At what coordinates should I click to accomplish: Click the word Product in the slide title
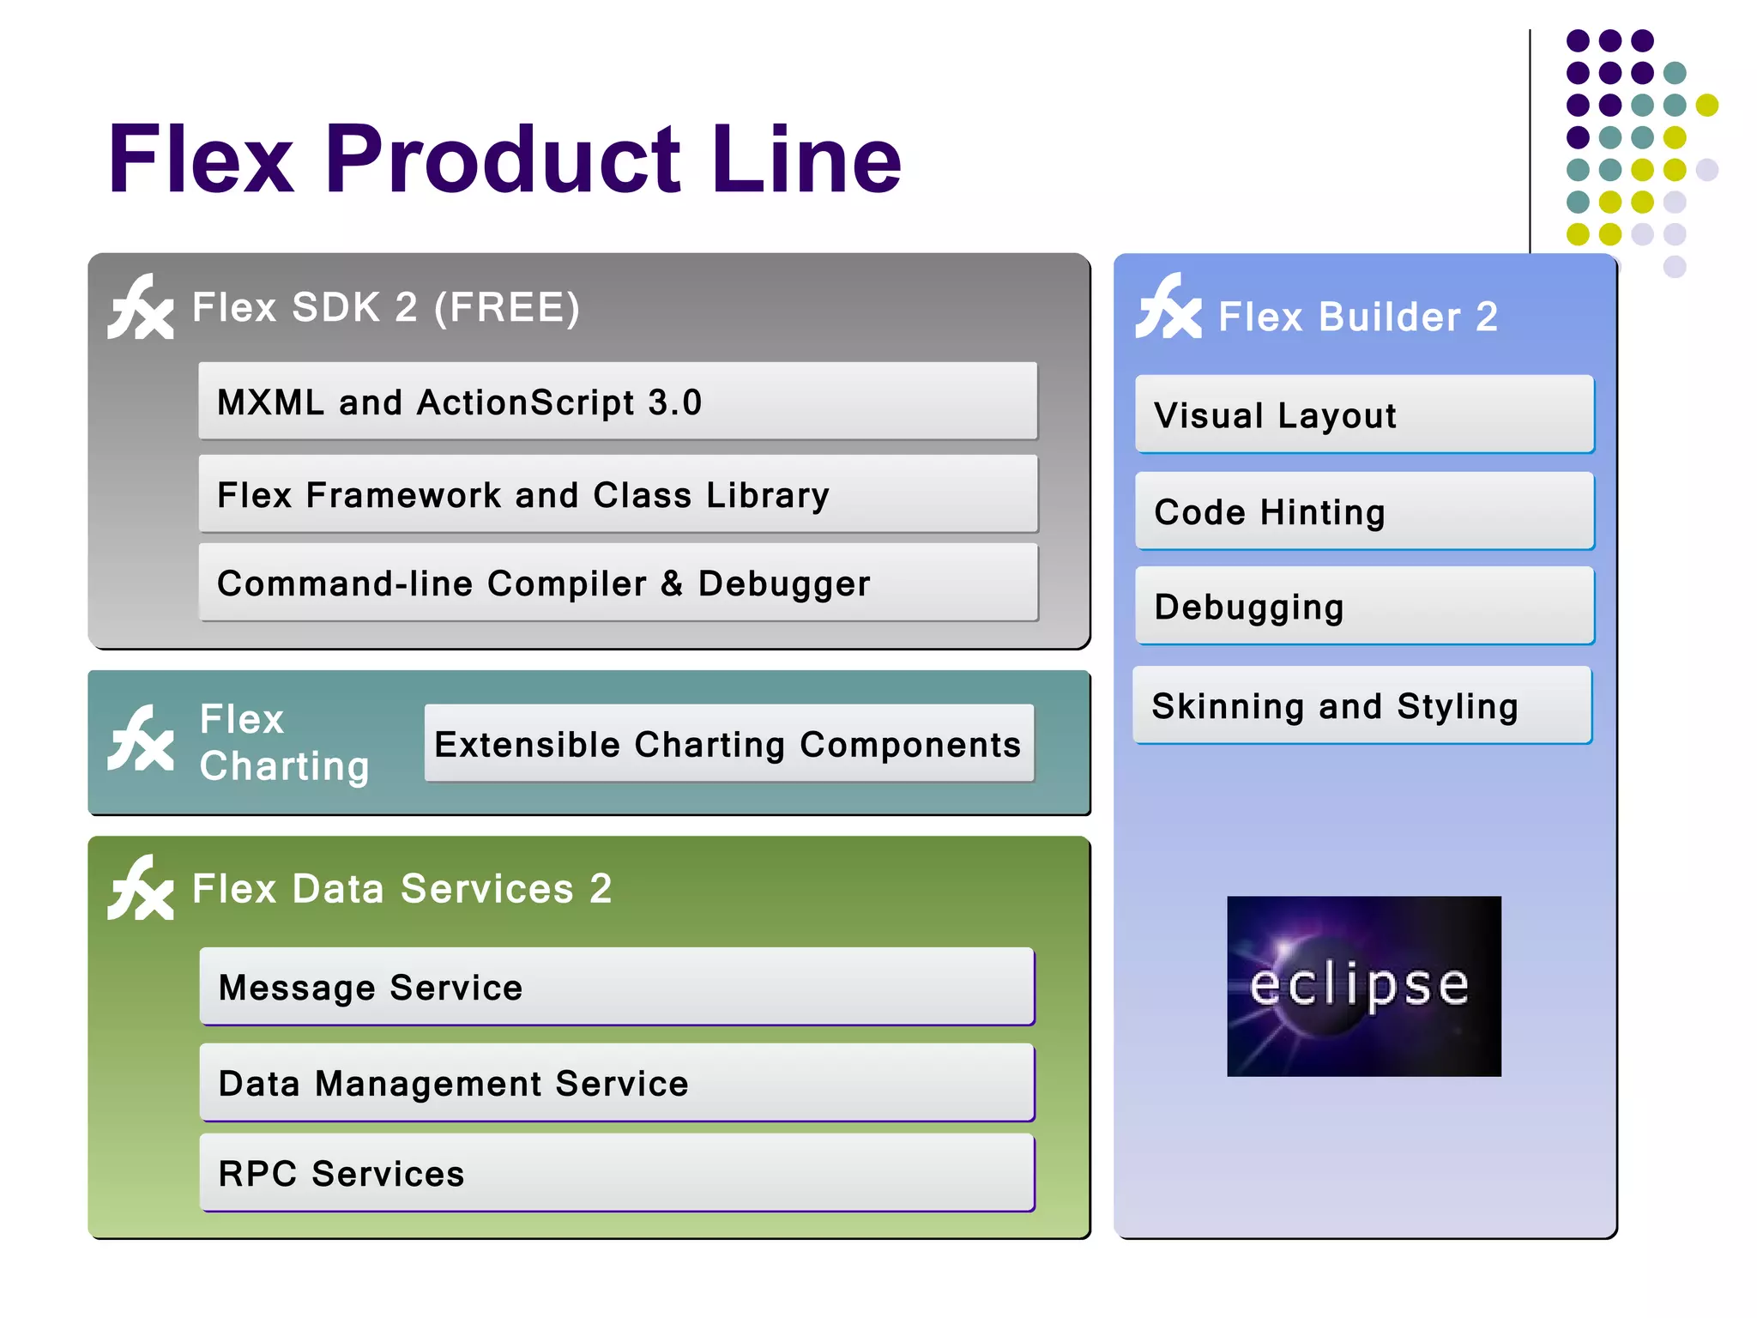pyautogui.click(x=504, y=160)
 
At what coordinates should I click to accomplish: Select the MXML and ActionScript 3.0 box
pyautogui.click(x=618, y=402)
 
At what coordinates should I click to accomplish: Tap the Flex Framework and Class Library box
pyautogui.click(x=618, y=494)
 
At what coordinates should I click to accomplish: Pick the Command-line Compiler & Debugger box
pyautogui.click(x=618, y=583)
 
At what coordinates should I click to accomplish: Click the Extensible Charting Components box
pyautogui.click(x=728, y=743)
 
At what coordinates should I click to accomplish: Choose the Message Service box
pyautogui.click(x=617, y=986)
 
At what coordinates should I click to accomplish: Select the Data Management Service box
pyautogui.click(x=617, y=1082)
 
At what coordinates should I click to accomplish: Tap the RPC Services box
pyautogui.click(x=617, y=1172)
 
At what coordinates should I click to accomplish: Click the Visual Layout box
pyautogui.click(x=1364, y=414)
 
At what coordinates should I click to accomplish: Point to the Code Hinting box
pyautogui.click(x=1364, y=511)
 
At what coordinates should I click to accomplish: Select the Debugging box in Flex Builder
pyautogui.click(x=1364, y=606)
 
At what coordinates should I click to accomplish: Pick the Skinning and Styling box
pyautogui.click(x=1362, y=705)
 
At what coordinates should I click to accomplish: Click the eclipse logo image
pyautogui.click(x=1363, y=986)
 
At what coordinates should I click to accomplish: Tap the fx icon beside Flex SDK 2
pyautogui.click(x=141, y=307)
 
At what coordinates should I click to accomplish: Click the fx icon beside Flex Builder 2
pyautogui.click(x=1168, y=307)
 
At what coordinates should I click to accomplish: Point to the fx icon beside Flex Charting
pyautogui.click(x=141, y=740)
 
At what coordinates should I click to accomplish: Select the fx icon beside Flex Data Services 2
pyautogui.click(x=141, y=888)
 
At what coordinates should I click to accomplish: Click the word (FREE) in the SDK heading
pyautogui.click(x=507, y=307)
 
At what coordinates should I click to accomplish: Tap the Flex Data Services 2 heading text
pyautogui.click(x=402, y=888)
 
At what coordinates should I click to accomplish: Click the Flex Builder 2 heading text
pyautogui.click(x=1357, y=317)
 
